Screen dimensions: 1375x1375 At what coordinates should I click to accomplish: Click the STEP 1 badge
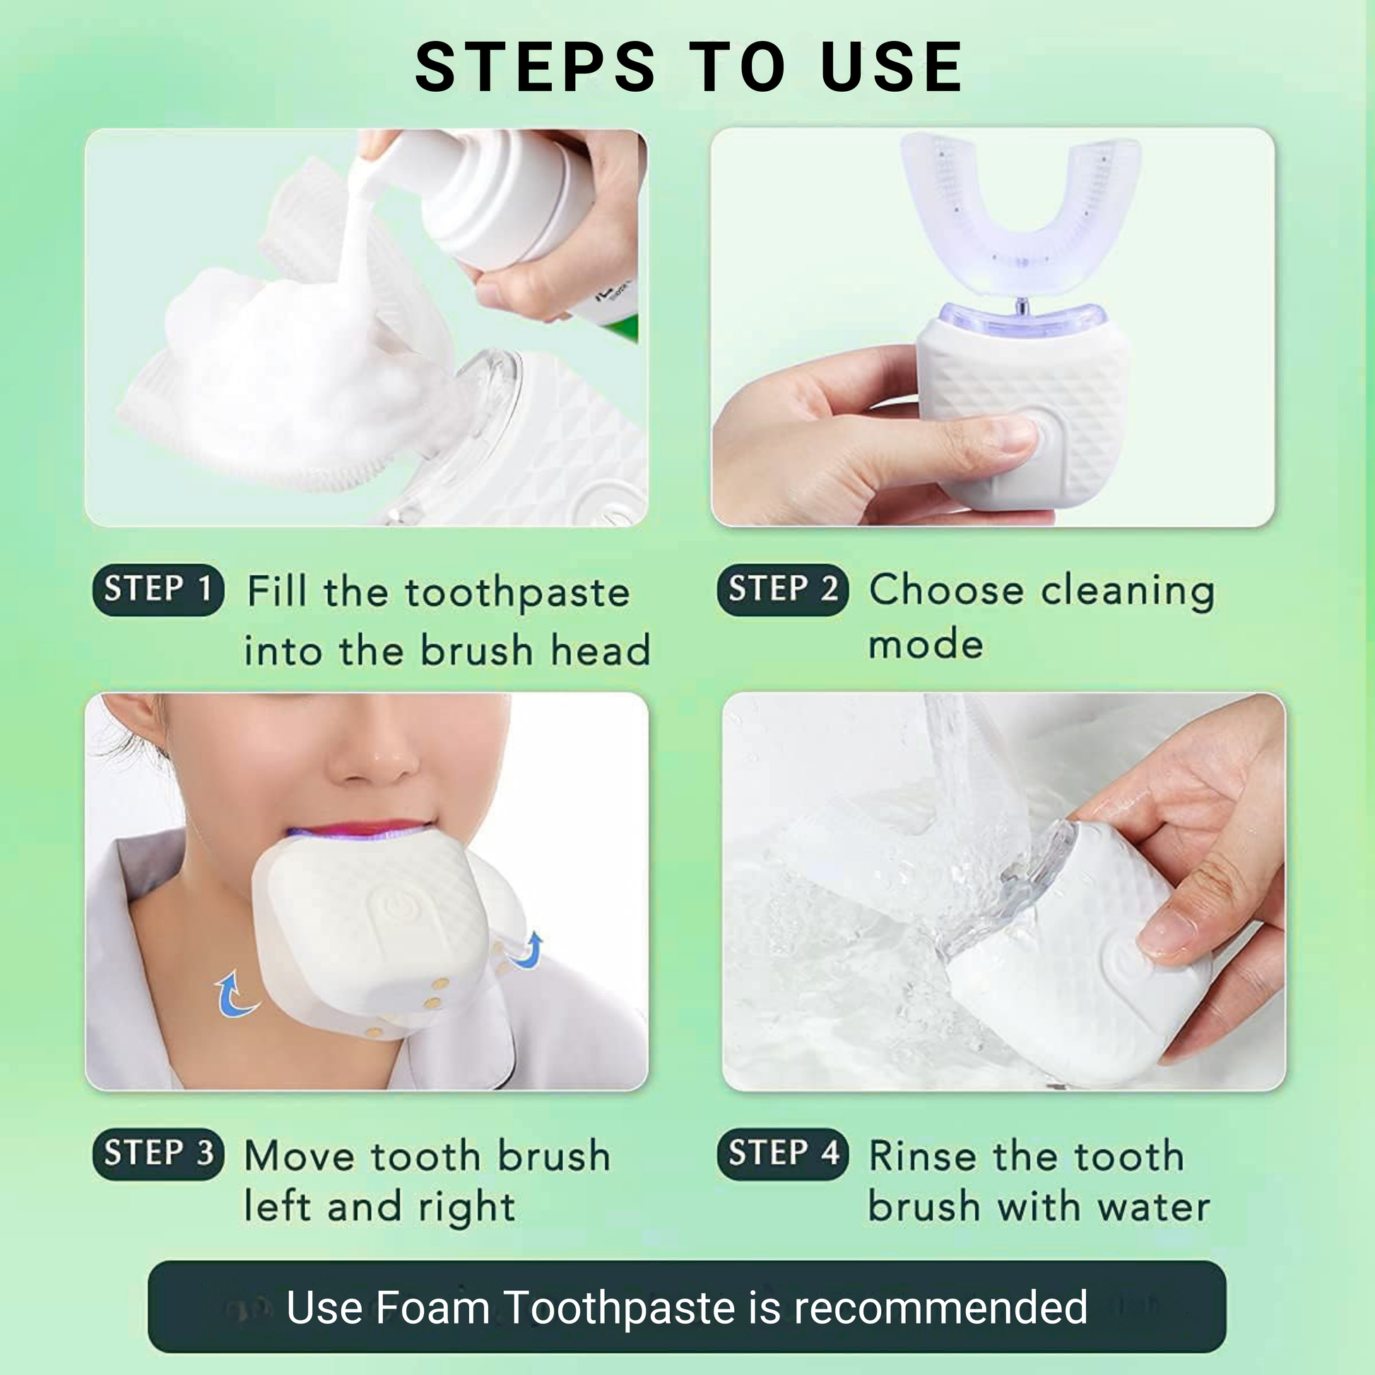pos(158,590)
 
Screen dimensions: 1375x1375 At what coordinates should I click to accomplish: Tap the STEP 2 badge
pos(783,590)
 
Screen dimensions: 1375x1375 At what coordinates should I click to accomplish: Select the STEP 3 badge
pos(158,1154)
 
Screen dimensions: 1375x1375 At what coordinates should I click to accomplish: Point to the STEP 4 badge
pos(783,1154)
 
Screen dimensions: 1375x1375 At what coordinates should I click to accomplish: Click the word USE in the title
pos(892,67)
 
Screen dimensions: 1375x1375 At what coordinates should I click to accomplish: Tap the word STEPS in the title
pos(535,67)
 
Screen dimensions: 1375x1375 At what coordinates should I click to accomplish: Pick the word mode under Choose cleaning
pos(926,645)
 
